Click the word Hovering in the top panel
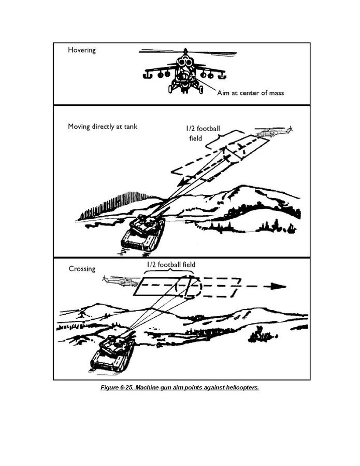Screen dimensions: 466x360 coord(82,51)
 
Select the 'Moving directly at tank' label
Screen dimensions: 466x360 coord(103,126)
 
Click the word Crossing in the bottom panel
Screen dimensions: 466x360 coord(82,269)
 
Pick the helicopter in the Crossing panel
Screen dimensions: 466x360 coord(120,282)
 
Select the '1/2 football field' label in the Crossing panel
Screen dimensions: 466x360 coord(170,264)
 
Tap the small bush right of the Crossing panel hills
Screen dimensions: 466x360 coord(257,337)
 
